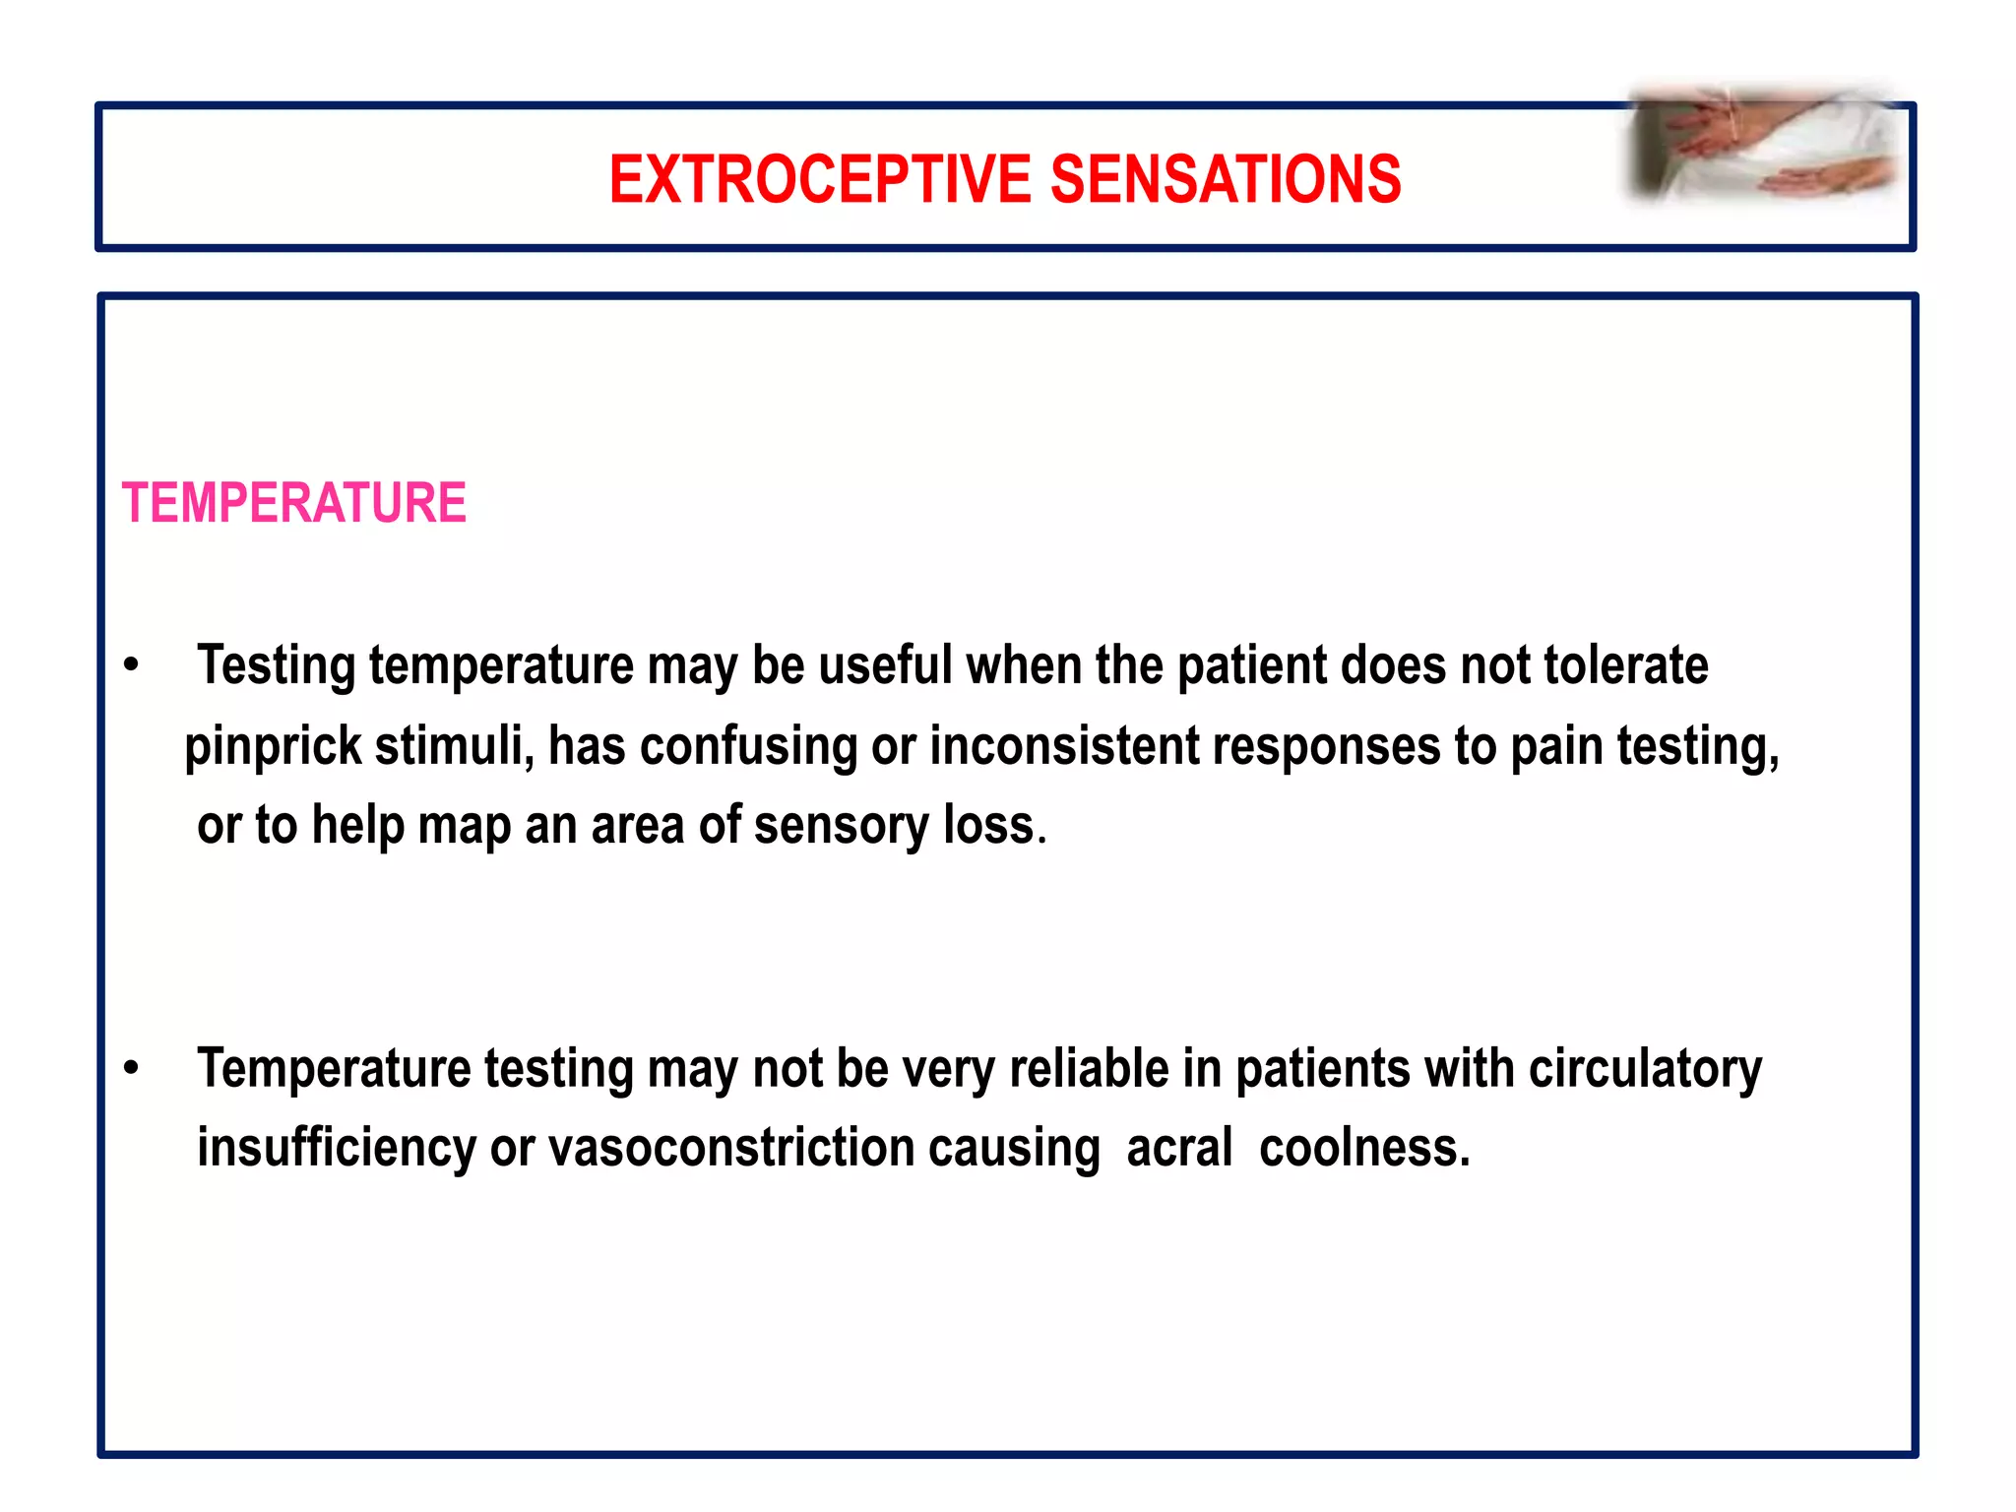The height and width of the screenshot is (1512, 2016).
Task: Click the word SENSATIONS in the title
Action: pos(1226,180)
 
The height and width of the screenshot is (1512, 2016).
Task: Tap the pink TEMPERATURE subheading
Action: pos(293,503)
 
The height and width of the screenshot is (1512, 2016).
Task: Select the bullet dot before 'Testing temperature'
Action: pos(131,666)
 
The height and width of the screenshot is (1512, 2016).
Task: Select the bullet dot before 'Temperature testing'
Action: pos(131,1069)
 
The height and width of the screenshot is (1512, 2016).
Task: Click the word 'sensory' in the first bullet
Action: pos(841,825)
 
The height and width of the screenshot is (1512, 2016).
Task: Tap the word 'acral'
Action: pos(1178,1148)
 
